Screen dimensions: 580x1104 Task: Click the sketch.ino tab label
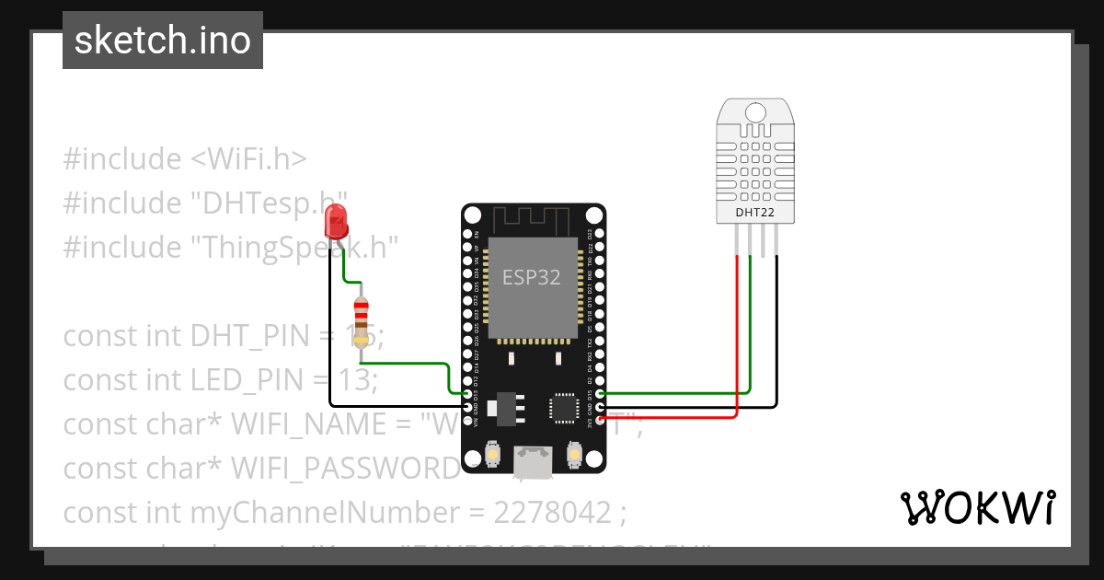163,41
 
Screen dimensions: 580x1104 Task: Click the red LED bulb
336,222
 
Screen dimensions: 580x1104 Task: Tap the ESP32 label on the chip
531,277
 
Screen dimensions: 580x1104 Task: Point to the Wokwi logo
977,507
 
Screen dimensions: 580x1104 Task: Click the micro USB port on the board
534,458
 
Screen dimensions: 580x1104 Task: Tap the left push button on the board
493,455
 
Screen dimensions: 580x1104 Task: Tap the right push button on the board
574,455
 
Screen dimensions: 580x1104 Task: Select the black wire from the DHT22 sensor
777,331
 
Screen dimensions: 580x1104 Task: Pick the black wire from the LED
330,331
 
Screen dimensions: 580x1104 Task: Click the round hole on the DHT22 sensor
753,112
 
